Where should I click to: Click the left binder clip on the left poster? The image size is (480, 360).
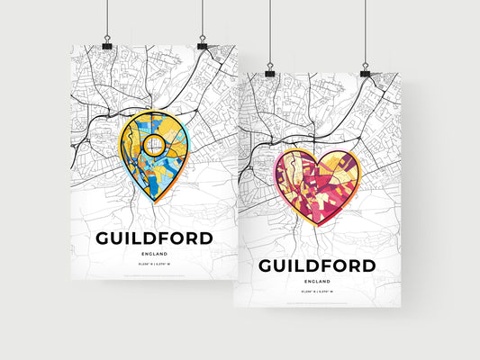pyautogui.click(x=107, y=44)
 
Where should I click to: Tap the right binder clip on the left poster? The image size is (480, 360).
pyautogui.click(x=202, y=44)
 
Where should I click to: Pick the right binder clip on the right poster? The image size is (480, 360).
pyautogui.click(x=366, y=72)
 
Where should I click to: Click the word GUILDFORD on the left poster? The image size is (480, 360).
pyautogui.click(x=152, y=238)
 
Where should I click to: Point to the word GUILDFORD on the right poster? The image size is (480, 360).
pyautogui.click(x=317, y=265)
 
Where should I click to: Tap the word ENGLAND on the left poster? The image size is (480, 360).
pyautogui.click(x=152, y=255)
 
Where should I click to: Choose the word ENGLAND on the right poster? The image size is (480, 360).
pyautogui.click(x=317, y=282)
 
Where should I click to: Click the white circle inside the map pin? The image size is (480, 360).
pyautogui.click(x=152, y=144)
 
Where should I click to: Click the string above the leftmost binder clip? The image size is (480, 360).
pyautogui.click(x=107, y=18)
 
